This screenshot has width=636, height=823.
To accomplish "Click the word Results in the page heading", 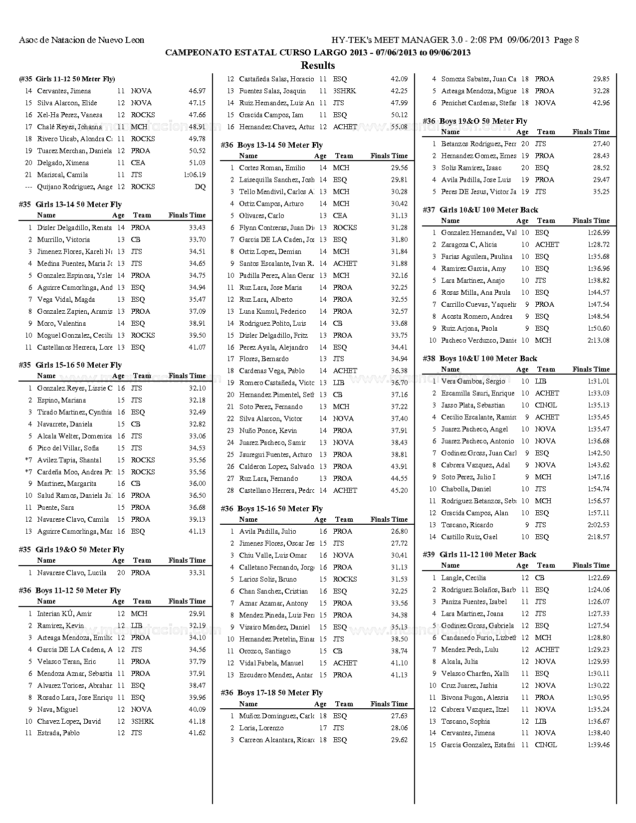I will [318, 65].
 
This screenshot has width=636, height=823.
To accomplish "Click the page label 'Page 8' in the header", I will [566, 40].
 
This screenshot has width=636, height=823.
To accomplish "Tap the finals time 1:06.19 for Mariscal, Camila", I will [194, 175].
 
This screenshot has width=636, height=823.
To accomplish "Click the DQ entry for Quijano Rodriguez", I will [200, 187].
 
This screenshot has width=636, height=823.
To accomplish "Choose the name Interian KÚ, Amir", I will [64, 614].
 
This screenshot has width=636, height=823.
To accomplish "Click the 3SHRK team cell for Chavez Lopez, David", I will [142, 721].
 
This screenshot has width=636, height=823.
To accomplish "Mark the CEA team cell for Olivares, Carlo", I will [340, 215].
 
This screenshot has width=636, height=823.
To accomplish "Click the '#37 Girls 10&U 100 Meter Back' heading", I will [480, 210].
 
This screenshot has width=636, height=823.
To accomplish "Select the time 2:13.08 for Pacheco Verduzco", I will [599, 340].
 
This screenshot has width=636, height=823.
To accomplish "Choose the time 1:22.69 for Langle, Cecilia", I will [599, 578].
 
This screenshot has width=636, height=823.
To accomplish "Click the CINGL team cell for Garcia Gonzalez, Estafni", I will [546, 745].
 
